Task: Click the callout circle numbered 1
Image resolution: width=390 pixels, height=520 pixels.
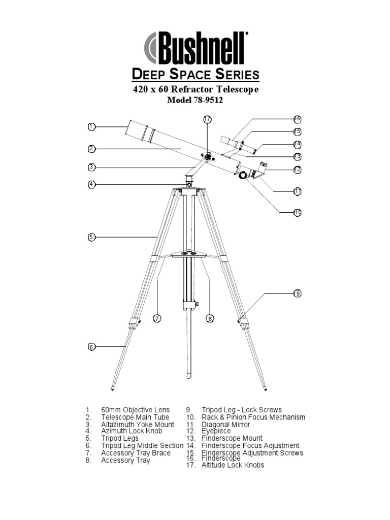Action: click(91, 126)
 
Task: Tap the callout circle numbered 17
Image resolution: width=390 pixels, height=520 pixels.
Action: click(207, 119)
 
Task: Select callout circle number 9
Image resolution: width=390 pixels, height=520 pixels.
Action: click(298, 294)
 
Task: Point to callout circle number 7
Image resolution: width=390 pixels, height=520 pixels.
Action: click(157, 318)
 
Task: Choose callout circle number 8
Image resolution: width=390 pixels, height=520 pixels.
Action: click(210, 318)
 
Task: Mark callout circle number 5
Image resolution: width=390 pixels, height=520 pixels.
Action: click(91, 237)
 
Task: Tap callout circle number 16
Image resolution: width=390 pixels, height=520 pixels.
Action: click(298, 119)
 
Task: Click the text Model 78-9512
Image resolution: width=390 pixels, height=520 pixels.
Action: click(196, 101)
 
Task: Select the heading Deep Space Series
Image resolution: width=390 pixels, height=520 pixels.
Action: click(196, 75)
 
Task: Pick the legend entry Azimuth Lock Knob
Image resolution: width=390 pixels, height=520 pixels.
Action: click(132, 431)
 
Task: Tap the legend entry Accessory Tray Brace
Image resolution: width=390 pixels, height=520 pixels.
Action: click(136, 452)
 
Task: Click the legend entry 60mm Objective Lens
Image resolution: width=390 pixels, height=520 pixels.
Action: click(136, 410)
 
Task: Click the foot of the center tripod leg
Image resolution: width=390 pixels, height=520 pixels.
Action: click(189, 376)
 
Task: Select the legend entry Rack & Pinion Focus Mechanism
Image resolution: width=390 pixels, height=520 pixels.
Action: click(253, 417)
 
